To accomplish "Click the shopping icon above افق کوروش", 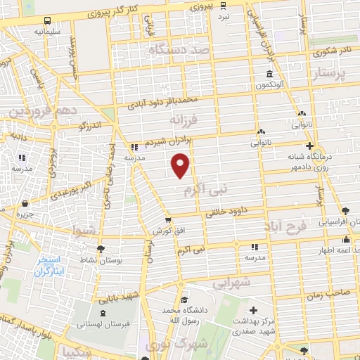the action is [x=167, y=220].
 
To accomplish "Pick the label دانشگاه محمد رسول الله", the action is [x=184, y=315].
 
